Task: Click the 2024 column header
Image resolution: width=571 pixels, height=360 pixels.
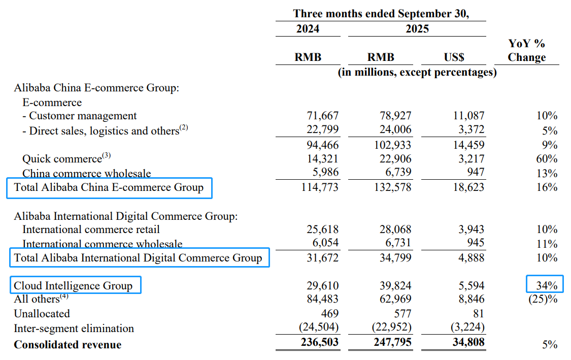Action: pyautogui.click(x=308, y=29)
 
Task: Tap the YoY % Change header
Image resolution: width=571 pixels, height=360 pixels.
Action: pyautogui.click(x=526, y=51)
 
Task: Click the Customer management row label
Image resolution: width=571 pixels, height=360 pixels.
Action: pyautogui.click(x=83, y=116)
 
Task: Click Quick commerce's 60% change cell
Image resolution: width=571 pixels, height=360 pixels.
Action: pyautogui.click(x=547, y=159)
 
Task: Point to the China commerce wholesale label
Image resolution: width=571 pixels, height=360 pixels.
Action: pyautogui.click(x=86, y=174)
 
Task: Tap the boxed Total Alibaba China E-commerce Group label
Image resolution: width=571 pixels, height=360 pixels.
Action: pyautogui.click(x=109, y=187)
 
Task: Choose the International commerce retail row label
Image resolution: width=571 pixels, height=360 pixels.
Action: pyautogui.click(x=91, y=230)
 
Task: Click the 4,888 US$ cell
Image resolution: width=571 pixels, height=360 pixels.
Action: pyautogui.click(x=472, y=257)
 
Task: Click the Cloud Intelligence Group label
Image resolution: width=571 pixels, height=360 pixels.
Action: pyautogui.click(x=73, y=285)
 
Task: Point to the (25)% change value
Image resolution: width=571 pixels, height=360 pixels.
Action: pyautogui.click(x=543, y=299)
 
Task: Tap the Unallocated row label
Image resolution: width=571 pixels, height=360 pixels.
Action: pyautogui.click(x=42, y=314)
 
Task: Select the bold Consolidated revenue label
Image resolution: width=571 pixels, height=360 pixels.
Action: pyautogui.click(x=68, y=345)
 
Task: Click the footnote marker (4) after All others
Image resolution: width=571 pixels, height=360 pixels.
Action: pyautogui.click(x=64, y=297)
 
